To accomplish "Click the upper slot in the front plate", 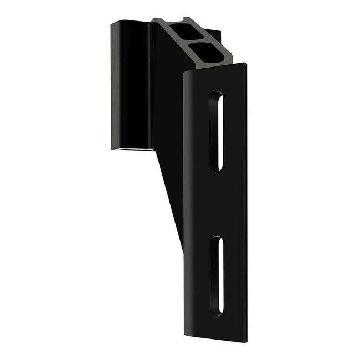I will coord(217,131).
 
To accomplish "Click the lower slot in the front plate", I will coord(216,275).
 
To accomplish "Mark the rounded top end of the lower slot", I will coord(216,239).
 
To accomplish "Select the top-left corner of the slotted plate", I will coord(185,73).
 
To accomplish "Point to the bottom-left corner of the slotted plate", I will coord(186,333).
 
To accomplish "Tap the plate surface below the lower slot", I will coord(216,328).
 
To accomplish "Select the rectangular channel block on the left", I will coord(131,86).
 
